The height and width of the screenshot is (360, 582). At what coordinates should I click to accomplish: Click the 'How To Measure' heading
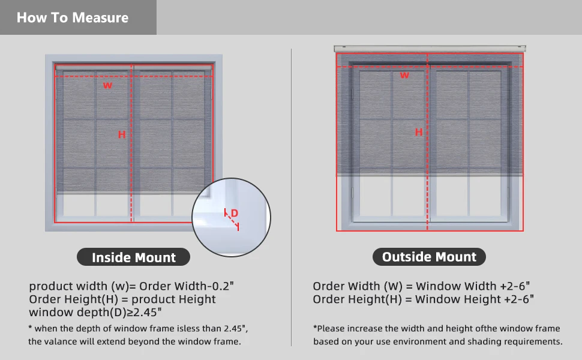(x=73, y=17)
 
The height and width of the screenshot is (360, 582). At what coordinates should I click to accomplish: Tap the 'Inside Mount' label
(x=134, y=258)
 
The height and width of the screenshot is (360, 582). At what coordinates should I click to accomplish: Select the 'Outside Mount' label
(x=429, y=257)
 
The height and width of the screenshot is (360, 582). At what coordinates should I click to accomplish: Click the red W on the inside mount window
(x=107, y=86)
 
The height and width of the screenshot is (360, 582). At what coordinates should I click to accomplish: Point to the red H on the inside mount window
(x=122, y=134)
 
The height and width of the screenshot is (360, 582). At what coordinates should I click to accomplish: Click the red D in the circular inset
(x=235, y=213)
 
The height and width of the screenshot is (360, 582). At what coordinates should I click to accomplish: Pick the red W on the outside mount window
(x=404, y=75)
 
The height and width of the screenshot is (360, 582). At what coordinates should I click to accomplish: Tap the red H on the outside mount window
(x=419, y=132)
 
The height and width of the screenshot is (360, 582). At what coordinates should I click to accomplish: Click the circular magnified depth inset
(x=232, y=217)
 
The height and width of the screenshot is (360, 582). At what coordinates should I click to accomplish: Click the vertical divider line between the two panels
(x=292, y=198)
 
